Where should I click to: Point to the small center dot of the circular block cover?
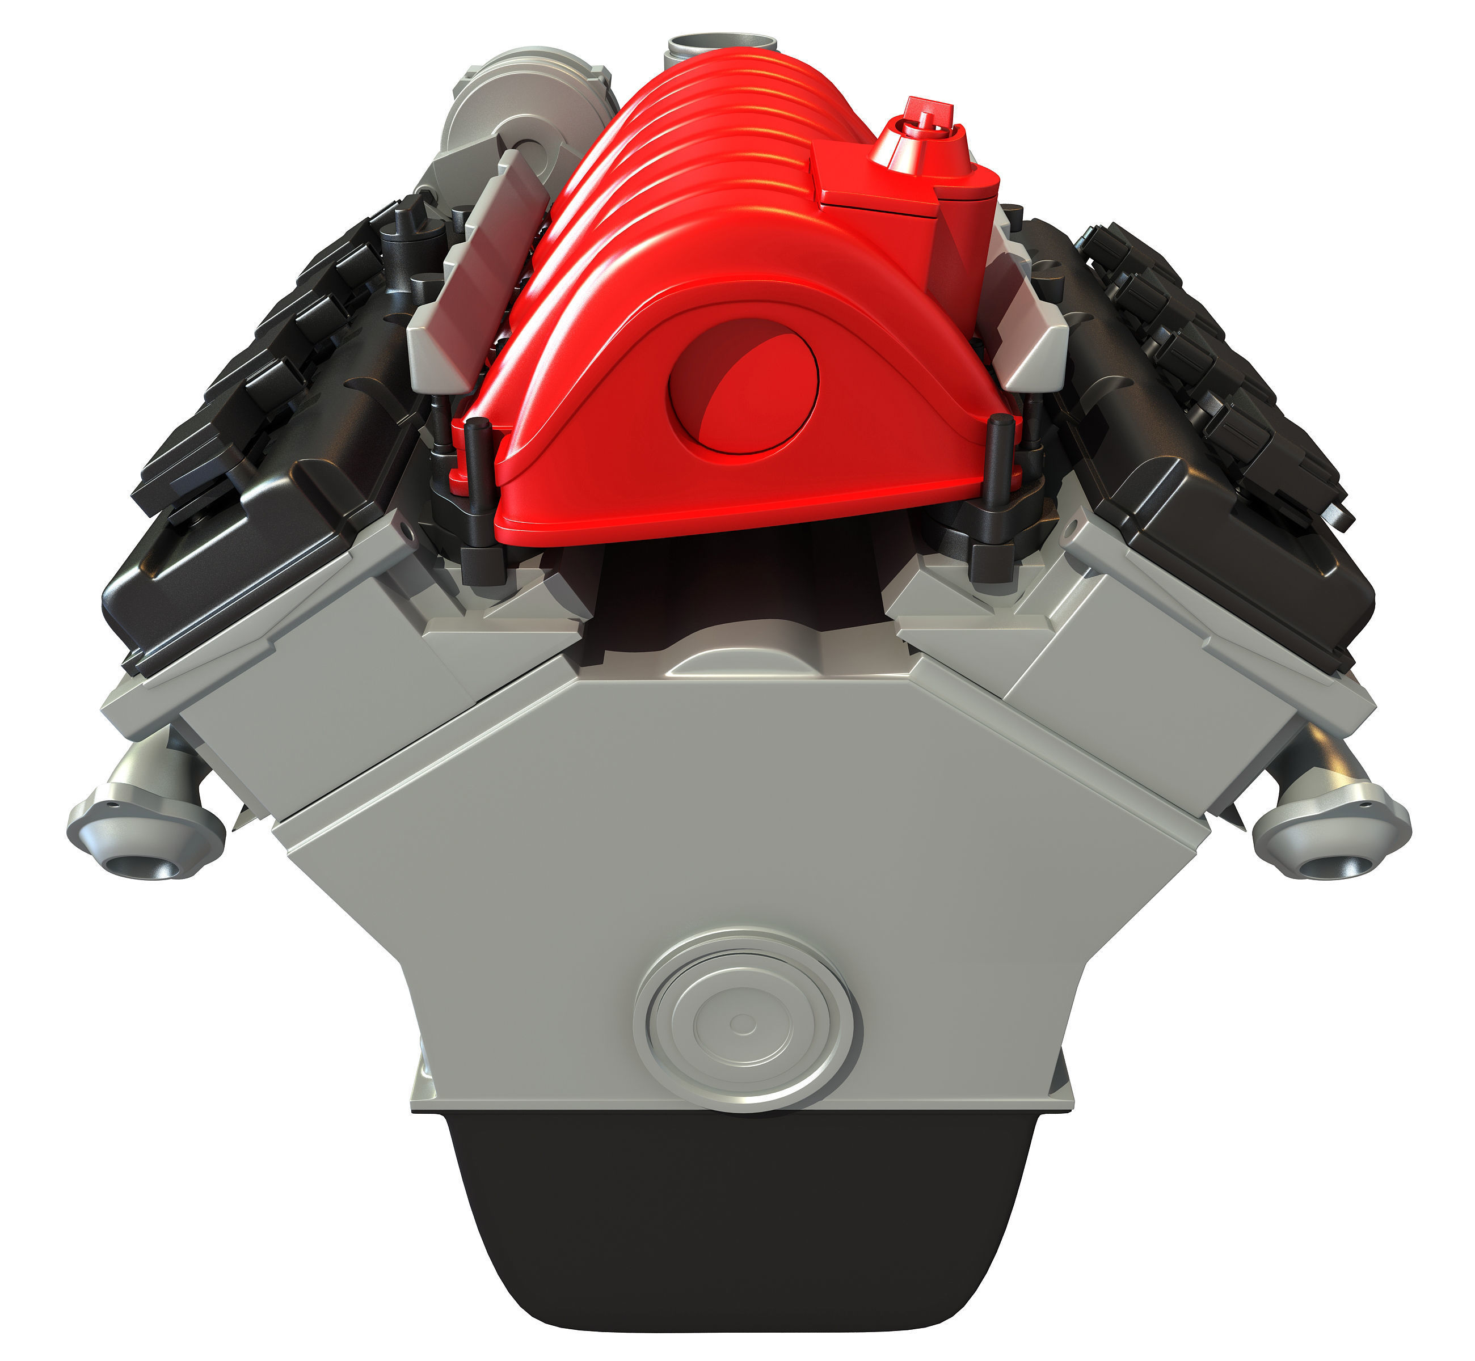tap(743, 1023)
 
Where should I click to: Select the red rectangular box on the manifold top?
tap(873, 177)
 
